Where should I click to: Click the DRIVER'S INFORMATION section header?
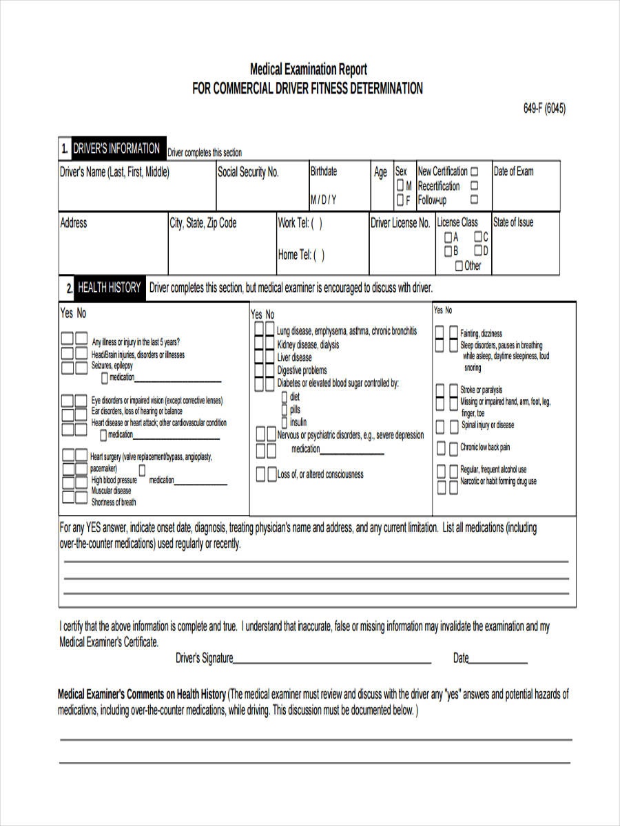click(x=116, y=149)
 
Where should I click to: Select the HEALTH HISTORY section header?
click(x=109, y=288)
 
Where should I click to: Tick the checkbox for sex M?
click(x=400, y=187)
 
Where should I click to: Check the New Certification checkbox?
click(x=474, y=171)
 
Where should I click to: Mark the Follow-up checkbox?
click(x=474, y=200)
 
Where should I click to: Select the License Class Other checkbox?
click(x=459, y=266)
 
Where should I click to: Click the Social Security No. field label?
click(x=248, y=173)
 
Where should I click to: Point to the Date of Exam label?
click(x=513, y=171)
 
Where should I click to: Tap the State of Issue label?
click(x=513, y=222)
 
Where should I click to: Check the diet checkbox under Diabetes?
click(x=285, y=397)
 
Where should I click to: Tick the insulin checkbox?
click(x=285, y=421)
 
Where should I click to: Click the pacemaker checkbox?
click(x=142, y=469)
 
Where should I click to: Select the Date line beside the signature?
click(x=498, y=661)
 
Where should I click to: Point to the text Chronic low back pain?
click(x=485, y=447)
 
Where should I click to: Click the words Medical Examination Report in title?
click(x=308, y=70)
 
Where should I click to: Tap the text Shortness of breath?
click(x=114, y=502)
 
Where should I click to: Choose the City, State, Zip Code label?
click(x=203, y=223)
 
